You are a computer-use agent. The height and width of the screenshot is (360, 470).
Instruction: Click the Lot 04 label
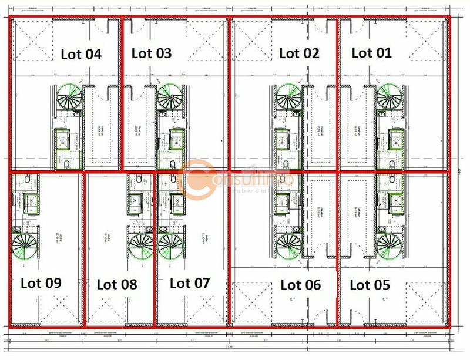(81, 54)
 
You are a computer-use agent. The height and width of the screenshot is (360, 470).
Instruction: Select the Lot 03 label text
(152, 53)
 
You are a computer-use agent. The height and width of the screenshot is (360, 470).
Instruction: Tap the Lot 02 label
(299, 53)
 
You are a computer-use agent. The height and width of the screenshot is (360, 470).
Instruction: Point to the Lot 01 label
(371, 52)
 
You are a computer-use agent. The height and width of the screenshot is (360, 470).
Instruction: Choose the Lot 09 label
(41, 282)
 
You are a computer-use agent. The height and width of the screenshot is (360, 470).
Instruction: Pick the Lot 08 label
(116, 284)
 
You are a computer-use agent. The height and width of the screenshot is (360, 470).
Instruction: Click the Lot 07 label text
(189, 282)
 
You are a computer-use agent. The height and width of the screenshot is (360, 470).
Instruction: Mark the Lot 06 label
(301, 285)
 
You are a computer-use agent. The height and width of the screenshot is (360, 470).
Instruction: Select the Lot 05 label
(370, 285)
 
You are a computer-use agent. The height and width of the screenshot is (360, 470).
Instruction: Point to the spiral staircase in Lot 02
(290, 95)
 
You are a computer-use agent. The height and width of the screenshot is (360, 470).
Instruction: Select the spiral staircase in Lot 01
(389, 95)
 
